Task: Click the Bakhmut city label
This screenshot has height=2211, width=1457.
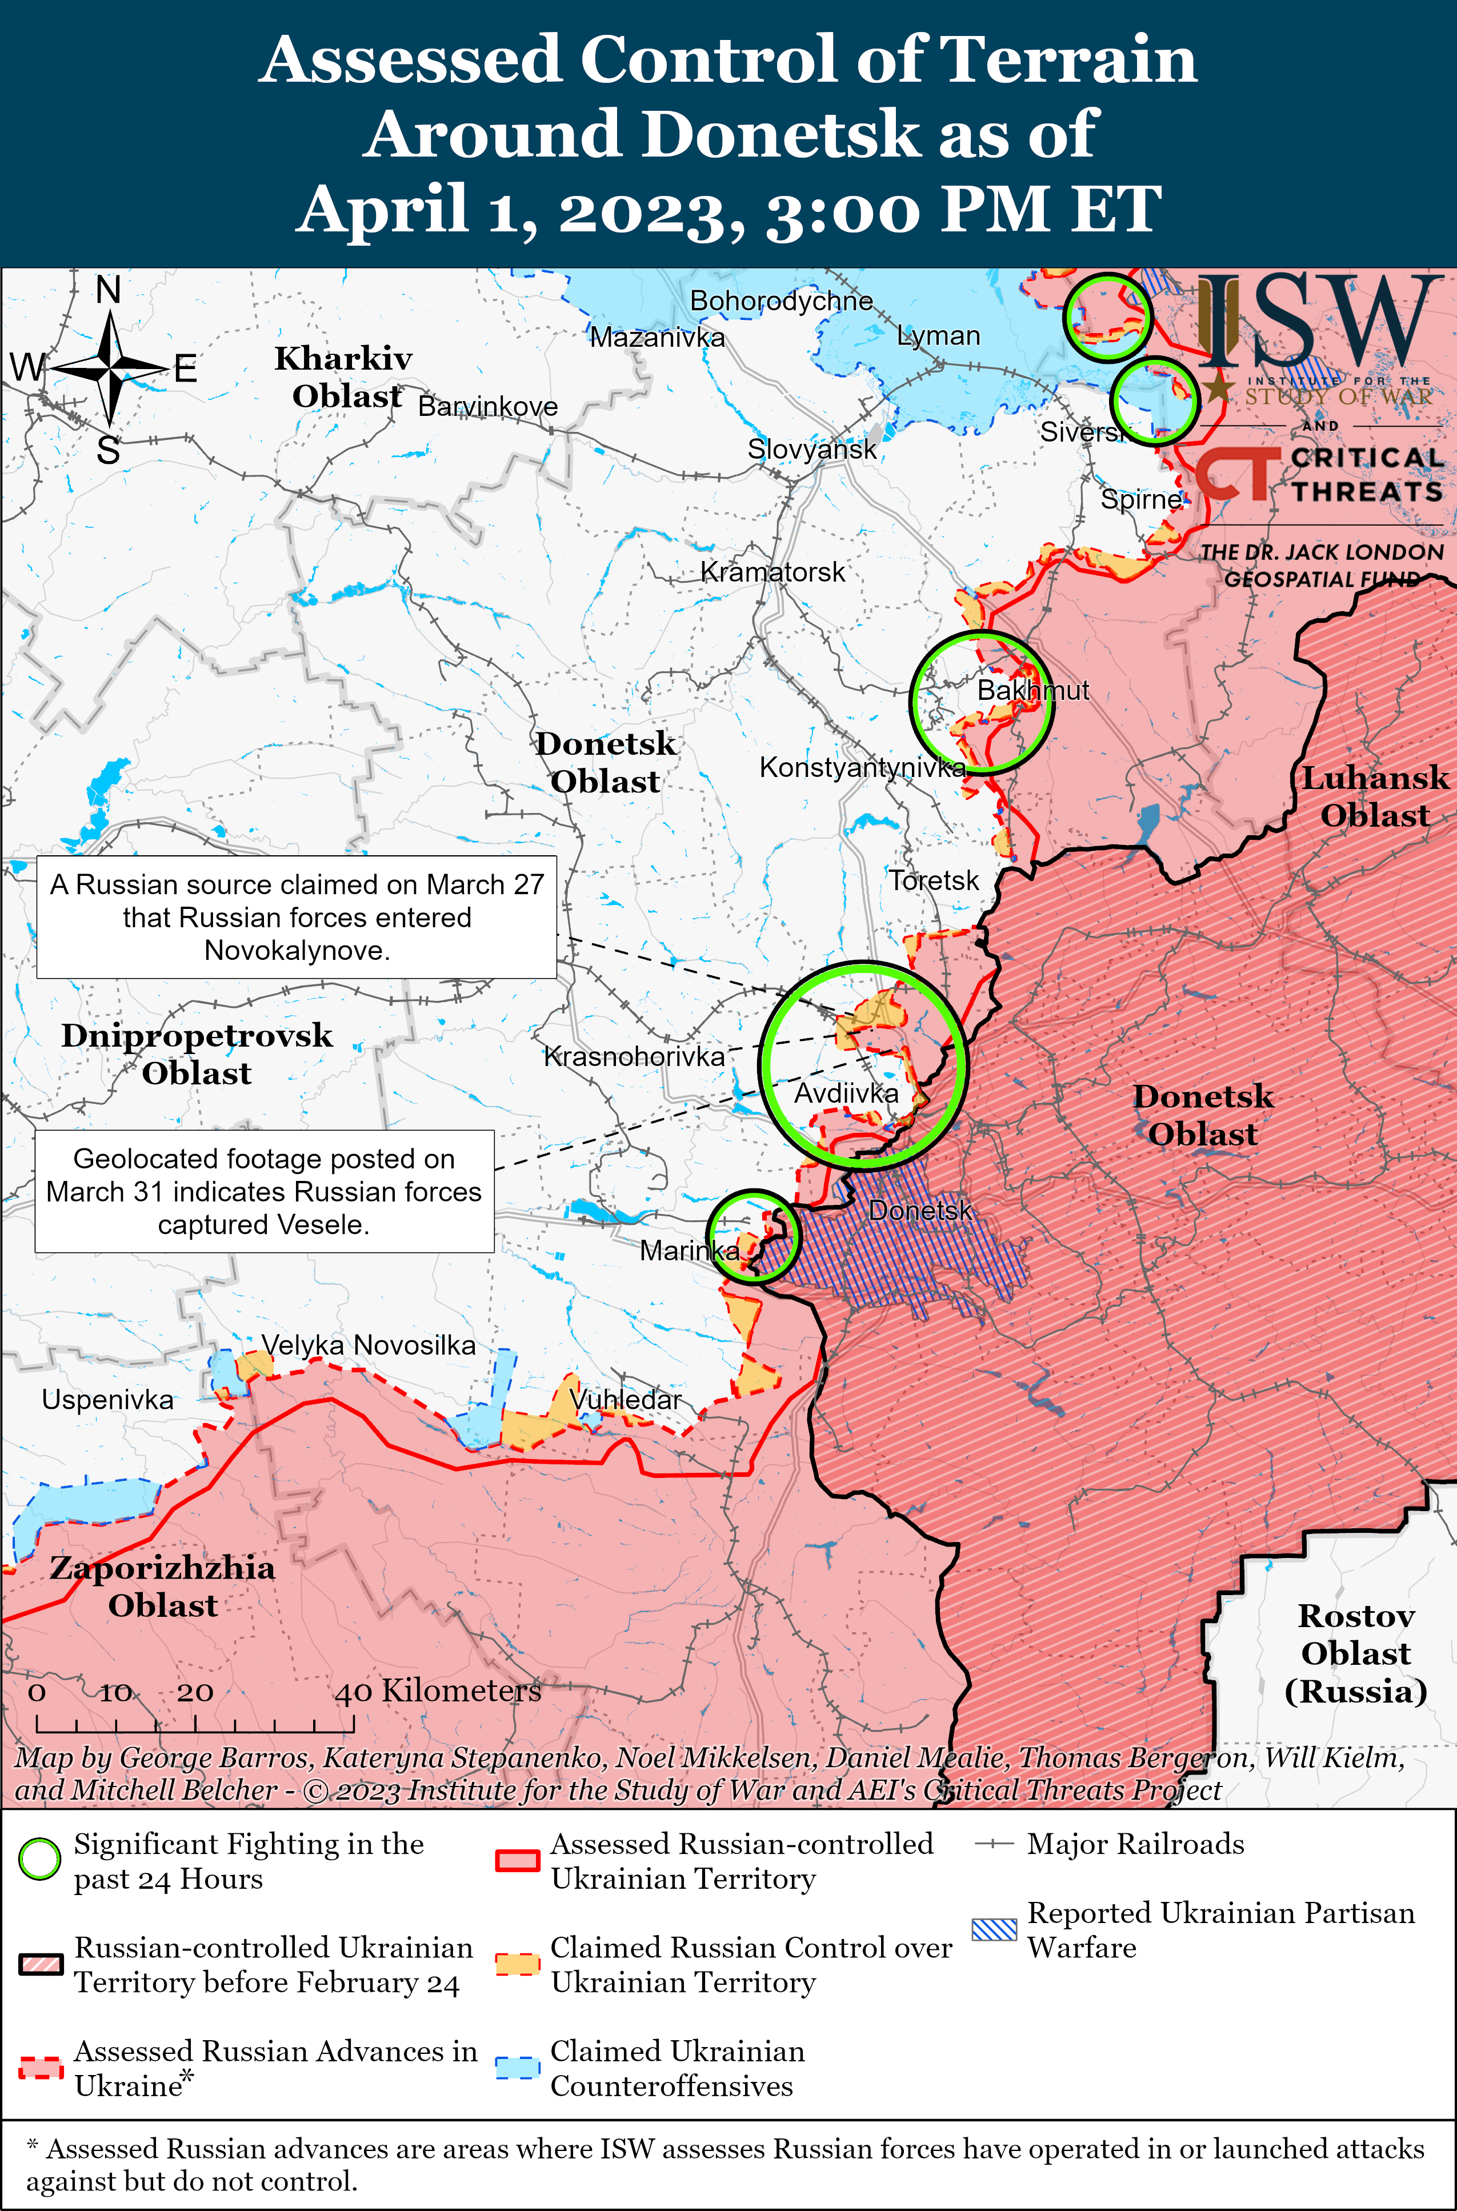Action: point(1032,690)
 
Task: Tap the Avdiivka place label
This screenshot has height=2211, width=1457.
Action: point(846,1094)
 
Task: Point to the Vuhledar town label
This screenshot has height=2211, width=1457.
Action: point(625,1399)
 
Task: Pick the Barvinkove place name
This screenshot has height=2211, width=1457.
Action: point(488,406)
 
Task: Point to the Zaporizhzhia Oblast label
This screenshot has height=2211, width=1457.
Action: point(163,1586)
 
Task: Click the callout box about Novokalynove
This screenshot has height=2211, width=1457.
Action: point(297,917)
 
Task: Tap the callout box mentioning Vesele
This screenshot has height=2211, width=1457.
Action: point(264,1191)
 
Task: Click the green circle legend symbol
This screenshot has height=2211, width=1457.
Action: point(40,1860)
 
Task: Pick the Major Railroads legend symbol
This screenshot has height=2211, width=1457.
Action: point(993,1844)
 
